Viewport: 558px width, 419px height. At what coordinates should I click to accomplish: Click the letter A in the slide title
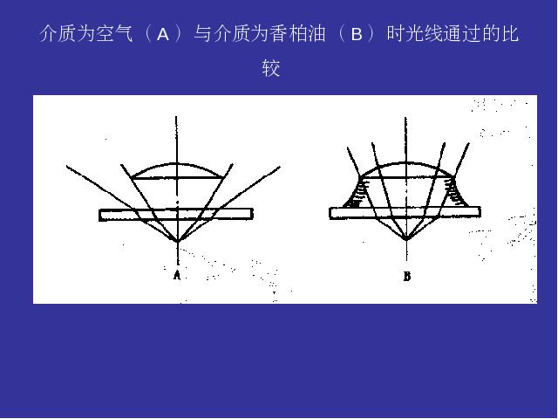tap(163, 35)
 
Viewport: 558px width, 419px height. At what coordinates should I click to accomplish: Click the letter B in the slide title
tap(357, 35)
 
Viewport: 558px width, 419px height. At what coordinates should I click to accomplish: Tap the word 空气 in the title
tap(115, 34)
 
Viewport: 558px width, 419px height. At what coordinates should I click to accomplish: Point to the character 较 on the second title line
tap(271, 68)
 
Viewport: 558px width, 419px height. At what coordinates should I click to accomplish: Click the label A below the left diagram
tap(177, 276)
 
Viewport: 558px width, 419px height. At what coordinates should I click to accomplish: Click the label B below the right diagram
tap(407, 276)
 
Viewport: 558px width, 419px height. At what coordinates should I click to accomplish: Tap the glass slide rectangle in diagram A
tap(176, 215)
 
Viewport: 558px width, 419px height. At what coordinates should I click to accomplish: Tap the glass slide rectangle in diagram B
tap(405, 213)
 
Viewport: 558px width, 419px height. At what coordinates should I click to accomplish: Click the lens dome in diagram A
tap(177, 164)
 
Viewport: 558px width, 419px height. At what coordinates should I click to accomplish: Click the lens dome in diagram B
tap(406, 163)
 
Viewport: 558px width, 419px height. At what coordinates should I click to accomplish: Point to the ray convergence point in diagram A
tap(177, 242)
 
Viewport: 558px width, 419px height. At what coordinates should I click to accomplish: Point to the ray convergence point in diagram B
tap(406, 238)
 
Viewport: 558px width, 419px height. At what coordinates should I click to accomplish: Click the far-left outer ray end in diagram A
tap(67, 166)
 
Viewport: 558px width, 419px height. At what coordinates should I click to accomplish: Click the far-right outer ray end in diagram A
tap(280, 167)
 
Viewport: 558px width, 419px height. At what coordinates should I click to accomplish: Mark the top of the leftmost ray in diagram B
tap(348, 148)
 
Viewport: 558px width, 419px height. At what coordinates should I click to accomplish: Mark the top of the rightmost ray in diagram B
tap(469, 143)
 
